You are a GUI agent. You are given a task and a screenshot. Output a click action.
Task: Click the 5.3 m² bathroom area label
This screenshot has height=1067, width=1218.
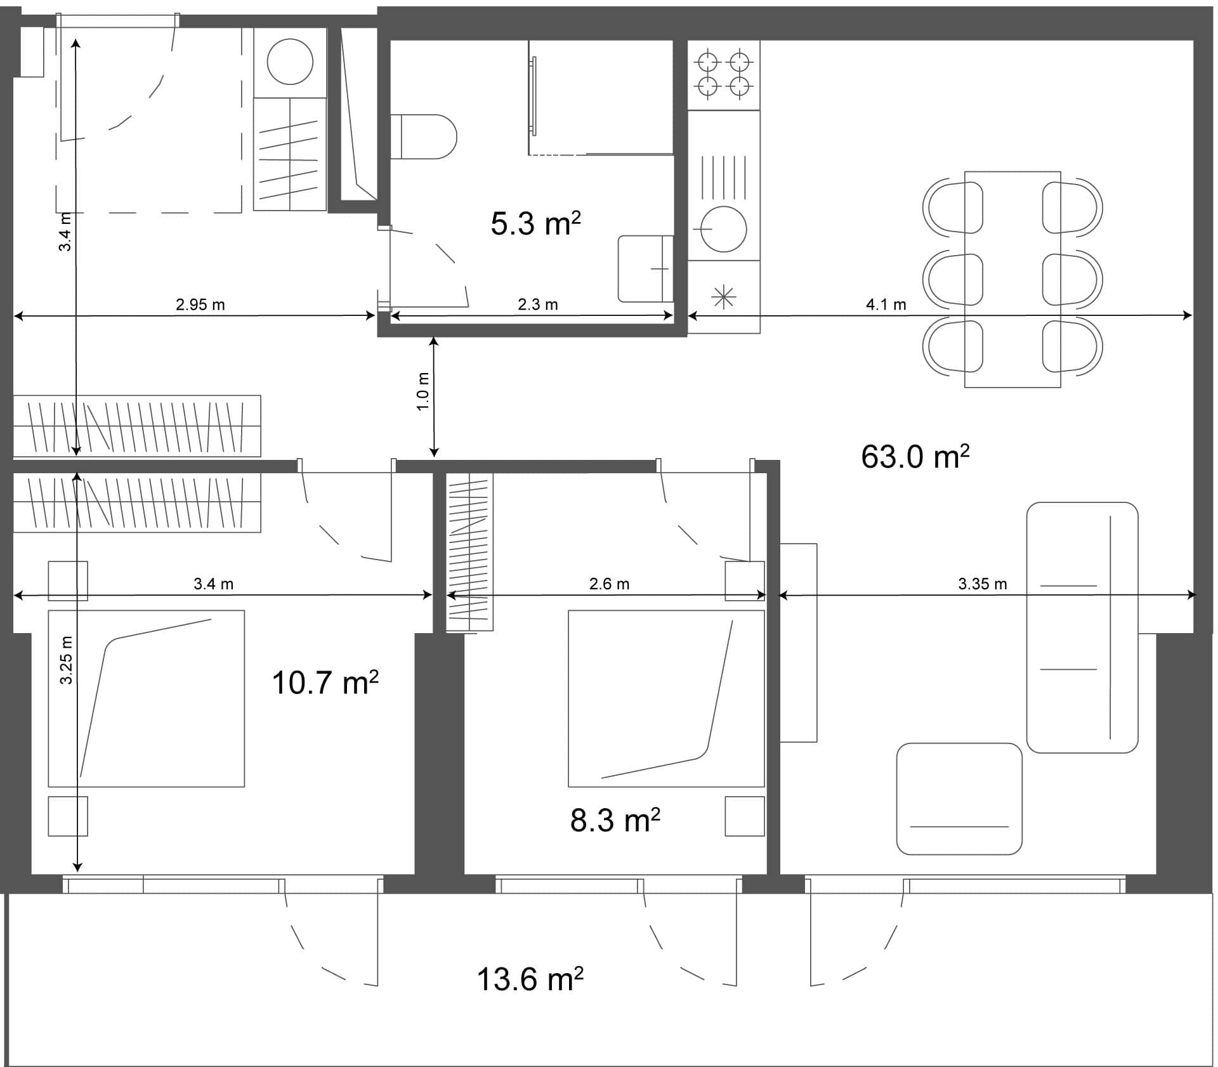pos(535,224)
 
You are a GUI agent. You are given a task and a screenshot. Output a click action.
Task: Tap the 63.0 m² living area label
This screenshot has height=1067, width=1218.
pos(915,457)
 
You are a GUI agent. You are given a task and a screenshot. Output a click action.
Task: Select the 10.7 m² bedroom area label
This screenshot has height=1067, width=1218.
pos(325,683)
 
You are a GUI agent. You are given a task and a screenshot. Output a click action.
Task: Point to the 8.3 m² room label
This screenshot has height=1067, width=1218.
pos(615,820)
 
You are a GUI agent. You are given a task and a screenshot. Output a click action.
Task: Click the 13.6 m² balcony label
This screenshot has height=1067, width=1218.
pos(530,979)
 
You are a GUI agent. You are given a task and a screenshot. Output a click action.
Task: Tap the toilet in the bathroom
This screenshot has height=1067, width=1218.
pos(423,137)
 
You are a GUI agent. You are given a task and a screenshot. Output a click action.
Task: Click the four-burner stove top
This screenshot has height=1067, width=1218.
pos(724,74)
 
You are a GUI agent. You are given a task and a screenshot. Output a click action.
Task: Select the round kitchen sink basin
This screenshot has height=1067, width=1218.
pos(723,229)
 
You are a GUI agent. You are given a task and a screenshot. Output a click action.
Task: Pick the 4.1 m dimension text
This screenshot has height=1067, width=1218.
pos(886,304)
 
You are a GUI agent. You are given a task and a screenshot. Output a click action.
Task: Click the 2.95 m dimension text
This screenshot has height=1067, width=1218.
pos(200,304)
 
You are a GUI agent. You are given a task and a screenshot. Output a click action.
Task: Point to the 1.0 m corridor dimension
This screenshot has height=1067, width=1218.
pos(424,391)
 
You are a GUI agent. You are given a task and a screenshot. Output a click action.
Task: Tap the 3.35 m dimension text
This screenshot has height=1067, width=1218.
pos(982,584)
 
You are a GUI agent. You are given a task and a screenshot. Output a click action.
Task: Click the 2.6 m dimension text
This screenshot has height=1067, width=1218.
pos(609,584)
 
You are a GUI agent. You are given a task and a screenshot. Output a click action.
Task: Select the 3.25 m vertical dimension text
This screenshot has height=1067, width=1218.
pos(66,660)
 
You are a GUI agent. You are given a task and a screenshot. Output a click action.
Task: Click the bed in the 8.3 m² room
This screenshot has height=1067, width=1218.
pos(665,698)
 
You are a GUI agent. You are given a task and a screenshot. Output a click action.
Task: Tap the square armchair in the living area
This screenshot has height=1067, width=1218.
pos(959,799)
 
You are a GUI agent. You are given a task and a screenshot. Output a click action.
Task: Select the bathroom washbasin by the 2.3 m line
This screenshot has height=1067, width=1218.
pos(645,269)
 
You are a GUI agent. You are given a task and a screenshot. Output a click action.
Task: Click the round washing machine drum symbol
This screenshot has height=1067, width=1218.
pos(290,62)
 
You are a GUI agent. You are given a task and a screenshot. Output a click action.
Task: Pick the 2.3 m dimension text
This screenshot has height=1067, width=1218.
pos(537,304)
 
